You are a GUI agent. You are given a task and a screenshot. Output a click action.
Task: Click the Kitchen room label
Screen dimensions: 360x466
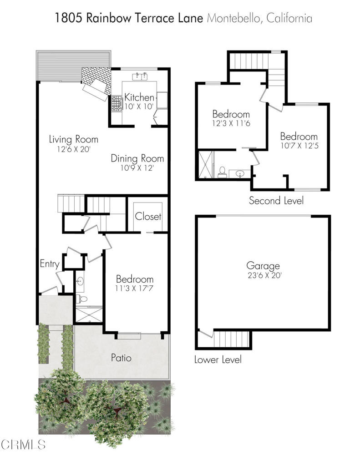click(139, 97)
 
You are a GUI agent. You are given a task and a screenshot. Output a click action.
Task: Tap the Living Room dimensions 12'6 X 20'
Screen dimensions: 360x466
click(73, 149)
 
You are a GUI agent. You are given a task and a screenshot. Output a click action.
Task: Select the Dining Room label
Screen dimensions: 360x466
click(137, 158)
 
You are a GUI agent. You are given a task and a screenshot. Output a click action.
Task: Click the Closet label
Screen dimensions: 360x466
click(148, 216)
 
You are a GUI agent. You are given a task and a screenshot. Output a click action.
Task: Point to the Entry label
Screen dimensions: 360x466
click(50, 264)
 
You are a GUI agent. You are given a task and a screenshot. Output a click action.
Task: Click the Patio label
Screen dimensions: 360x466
click(121, 358)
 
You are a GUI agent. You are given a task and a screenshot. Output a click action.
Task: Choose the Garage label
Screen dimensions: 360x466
click(263, 266)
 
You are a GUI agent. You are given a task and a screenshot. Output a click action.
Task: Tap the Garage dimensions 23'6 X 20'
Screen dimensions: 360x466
click(264, 275)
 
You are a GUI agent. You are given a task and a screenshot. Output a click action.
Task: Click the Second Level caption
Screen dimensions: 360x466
click(276, 201)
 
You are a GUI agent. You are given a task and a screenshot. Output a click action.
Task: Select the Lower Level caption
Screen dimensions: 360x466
click(218, 360)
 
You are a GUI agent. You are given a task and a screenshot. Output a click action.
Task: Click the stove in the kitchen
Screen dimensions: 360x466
click(117, 103)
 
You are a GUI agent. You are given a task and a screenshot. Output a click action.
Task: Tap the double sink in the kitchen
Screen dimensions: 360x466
click(140, 76)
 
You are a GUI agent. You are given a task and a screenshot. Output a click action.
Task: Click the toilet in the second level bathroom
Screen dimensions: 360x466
click(222, 172)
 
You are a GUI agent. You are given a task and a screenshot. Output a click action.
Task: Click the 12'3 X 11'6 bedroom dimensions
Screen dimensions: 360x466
click(231, 123)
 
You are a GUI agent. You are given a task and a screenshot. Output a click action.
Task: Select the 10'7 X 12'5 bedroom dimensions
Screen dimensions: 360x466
click(299, 146)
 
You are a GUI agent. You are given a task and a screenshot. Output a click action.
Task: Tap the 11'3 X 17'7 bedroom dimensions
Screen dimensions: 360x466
click(134, 288)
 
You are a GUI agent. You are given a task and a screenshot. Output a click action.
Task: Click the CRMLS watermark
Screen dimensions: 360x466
click(23, 445)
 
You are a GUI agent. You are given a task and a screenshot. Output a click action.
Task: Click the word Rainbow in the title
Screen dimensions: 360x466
click(108, 18)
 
